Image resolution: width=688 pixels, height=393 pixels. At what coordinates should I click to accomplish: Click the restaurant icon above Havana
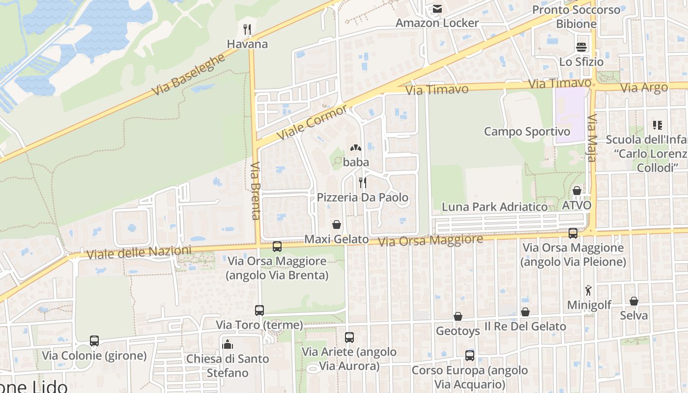pos(247,29)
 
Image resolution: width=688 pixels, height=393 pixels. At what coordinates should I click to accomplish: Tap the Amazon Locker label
pos(437,23)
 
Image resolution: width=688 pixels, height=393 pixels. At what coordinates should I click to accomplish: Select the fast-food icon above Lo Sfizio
pos(581,47)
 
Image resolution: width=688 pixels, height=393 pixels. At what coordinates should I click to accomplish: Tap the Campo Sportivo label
pos(527,132)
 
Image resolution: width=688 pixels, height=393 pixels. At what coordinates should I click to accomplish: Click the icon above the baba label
pos(355,147)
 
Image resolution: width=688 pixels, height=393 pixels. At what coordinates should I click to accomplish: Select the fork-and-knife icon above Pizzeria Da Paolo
pos(363,183)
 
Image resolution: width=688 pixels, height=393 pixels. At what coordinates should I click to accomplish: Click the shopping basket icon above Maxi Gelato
pos(337,225)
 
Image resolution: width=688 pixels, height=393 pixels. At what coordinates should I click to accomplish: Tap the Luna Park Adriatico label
pos(494,207)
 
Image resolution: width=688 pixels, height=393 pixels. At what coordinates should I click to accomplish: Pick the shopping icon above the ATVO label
pos(576,191)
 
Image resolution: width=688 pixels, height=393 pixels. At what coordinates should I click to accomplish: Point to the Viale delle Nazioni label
pos(139,253)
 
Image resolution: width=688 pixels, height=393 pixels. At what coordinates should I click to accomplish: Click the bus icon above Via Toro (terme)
pos(259,310)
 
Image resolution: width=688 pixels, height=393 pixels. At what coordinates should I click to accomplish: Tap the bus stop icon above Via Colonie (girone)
pos(94,341)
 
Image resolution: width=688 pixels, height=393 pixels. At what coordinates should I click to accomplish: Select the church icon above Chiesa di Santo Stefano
pos(228,344)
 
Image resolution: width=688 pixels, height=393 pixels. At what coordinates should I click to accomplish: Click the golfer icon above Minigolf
pos(588,290)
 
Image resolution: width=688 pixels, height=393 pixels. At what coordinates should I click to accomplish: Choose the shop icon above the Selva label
pos(634,301)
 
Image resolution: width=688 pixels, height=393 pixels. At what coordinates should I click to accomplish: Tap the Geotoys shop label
pos(458,331)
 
